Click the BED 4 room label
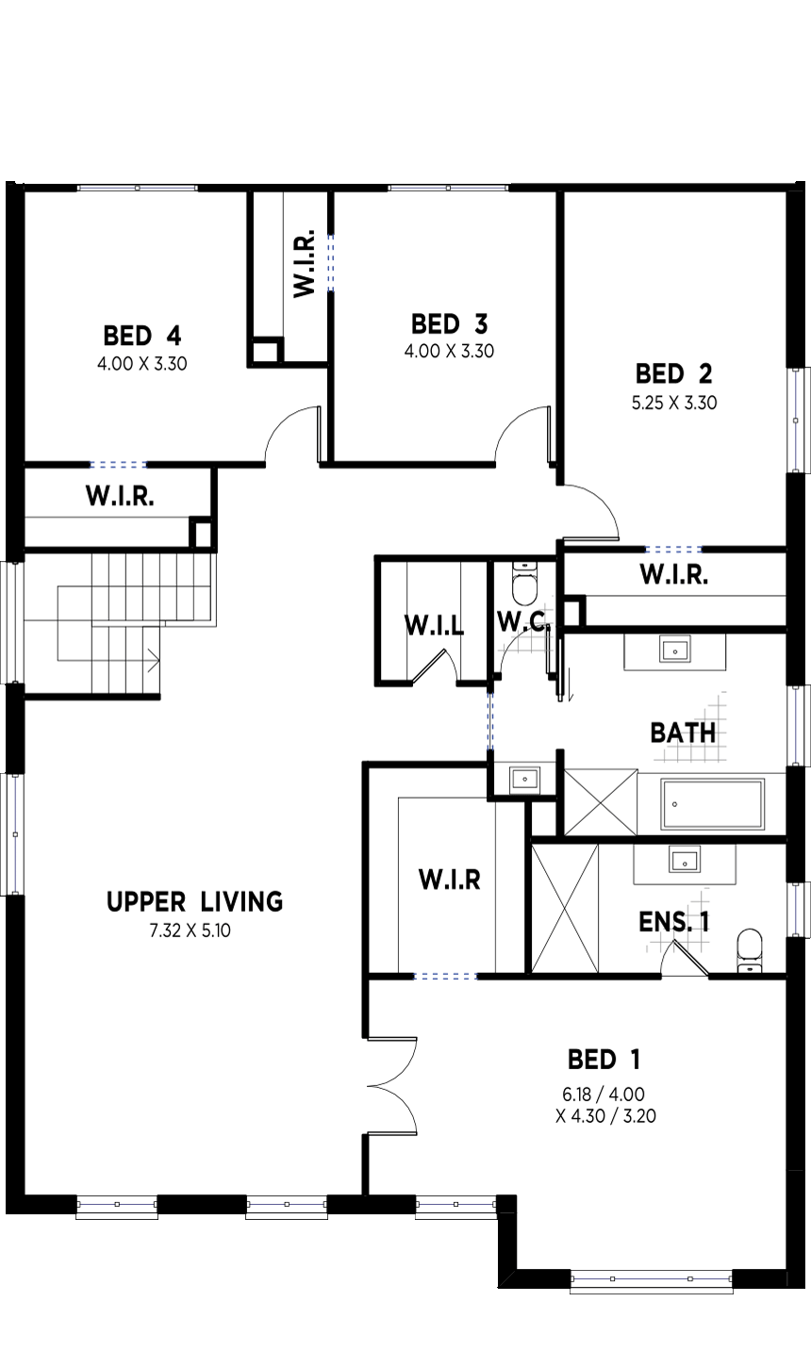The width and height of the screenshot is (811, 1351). coord(142,336)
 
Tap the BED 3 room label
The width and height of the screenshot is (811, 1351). coord(450,324)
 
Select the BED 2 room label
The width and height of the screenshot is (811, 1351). coord(674,374)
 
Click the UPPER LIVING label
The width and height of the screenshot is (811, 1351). coord(195,902)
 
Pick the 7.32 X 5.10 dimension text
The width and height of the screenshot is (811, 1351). coord(190,931)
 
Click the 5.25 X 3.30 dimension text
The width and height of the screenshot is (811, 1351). coord(674,403)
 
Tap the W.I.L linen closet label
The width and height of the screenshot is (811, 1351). coord(434,625)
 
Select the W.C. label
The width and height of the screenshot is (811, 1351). coord(522,620)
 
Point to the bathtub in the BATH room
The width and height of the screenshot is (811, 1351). coord(713,804)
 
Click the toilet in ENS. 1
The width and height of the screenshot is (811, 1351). coord(750,950)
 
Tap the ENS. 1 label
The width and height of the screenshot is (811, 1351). coord(674,922)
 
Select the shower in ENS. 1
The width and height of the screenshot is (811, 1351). coord(565,909)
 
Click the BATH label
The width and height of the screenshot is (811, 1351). coord(683,733)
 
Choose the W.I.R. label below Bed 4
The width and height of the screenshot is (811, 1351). coord(120,496)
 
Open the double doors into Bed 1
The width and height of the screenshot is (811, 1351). coord(392,1087)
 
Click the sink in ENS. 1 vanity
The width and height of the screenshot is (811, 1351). coord(685,860)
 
